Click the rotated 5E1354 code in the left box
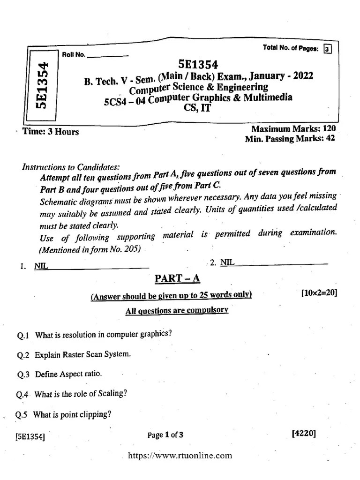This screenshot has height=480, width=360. click(x=42, y=85)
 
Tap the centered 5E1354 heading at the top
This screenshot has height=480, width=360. click(x=198, y=65)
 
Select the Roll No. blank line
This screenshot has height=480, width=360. click(x=108, y=55)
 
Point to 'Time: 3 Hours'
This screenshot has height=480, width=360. click(x=51, y=132)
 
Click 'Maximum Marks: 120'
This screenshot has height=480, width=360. click(x=293, y=128)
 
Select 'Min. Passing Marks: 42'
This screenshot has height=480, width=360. click(x=289, y=139)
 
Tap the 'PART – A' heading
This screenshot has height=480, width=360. click(x=177, y=279)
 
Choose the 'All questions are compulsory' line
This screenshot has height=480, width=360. click(x=177, y=310)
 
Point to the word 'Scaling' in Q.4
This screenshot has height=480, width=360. click(x=112, y=394)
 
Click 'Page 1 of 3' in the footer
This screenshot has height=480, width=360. click(x=165, y=435)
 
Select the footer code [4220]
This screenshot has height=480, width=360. click(x=303, y=434)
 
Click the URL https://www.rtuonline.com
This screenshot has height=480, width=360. click(x=180, y=455)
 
